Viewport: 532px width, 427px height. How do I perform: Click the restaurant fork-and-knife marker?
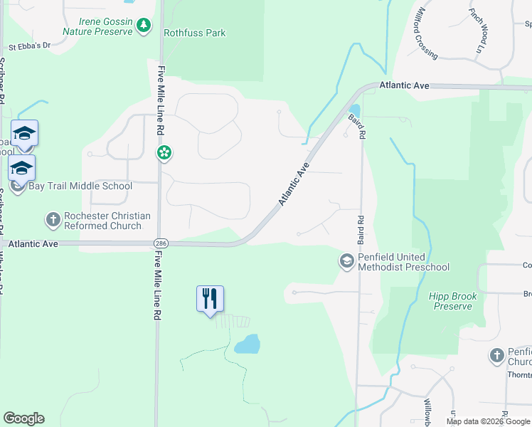point(210,298)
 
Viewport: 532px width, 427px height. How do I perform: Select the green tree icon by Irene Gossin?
point(144,26)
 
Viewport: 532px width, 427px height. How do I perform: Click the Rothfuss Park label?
point(194,33)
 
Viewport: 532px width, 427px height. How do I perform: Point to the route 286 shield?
point(161,243)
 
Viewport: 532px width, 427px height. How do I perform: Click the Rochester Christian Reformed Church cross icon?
point(53,221)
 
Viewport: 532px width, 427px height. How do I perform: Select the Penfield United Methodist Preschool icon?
point(347,262)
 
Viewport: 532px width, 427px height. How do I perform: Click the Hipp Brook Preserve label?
point(452,301)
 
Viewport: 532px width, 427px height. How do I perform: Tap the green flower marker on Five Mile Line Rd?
point(164,153)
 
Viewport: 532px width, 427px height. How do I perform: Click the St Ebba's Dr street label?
point(29,46)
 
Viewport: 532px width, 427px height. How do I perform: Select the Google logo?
point(23,418)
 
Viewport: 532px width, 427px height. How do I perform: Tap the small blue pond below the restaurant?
point(247,345)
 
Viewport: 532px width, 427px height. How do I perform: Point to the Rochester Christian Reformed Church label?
point(107,221)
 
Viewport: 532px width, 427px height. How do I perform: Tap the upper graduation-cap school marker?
point(24,133)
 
